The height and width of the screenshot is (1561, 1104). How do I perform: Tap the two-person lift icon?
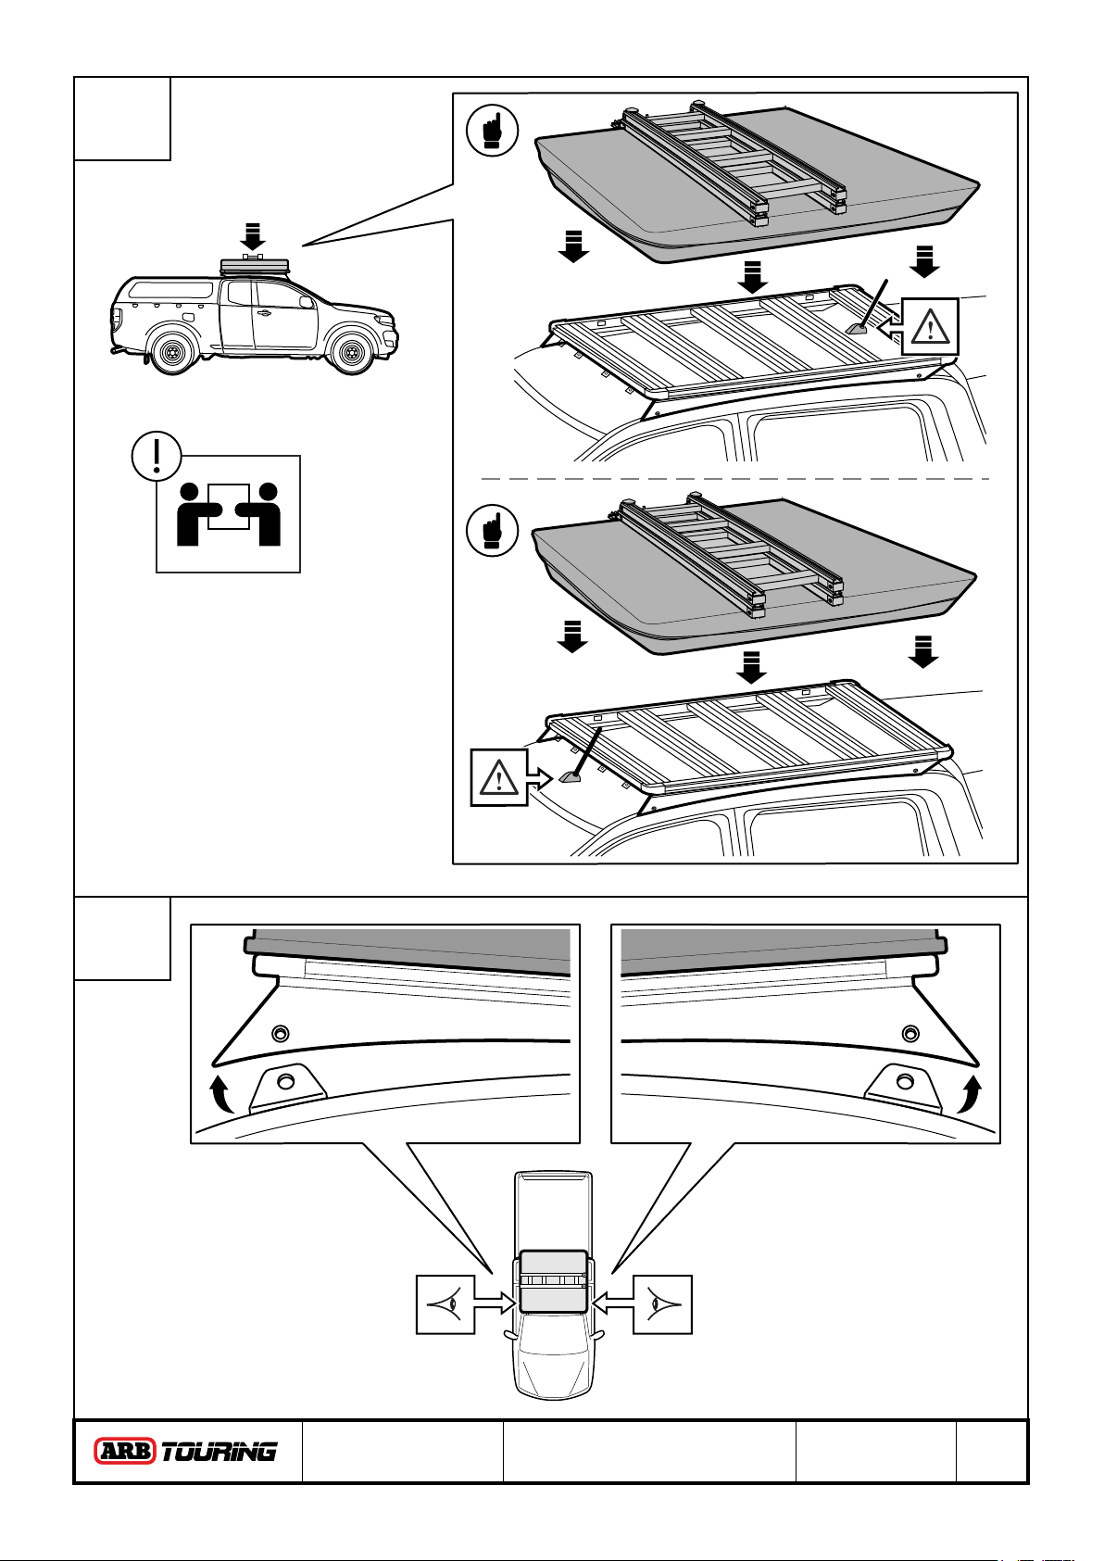coord(229,514)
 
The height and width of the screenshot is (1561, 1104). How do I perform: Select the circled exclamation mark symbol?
coord(157,456)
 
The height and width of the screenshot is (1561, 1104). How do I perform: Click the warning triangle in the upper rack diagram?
coord(930,327)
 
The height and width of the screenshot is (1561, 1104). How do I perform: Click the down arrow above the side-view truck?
coord(252,235)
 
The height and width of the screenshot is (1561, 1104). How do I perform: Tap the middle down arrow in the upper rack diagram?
coord(752,275)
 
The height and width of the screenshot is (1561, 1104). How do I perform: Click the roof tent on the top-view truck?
coord(554,1281)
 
